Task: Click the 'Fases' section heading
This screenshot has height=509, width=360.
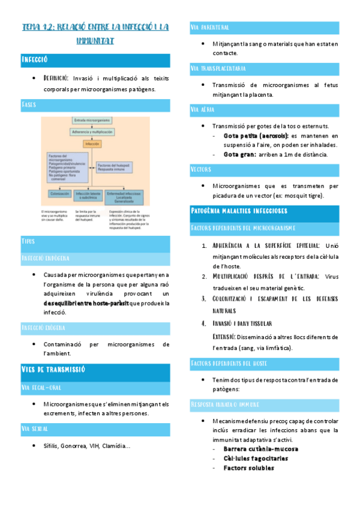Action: point(28,104)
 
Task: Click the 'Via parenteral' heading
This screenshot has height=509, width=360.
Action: point(209,28)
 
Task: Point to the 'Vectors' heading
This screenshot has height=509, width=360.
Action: point(201,169)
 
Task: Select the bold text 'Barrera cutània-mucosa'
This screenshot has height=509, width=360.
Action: point(260,449)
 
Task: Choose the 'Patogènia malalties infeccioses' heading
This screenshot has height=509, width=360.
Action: point(239,211)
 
